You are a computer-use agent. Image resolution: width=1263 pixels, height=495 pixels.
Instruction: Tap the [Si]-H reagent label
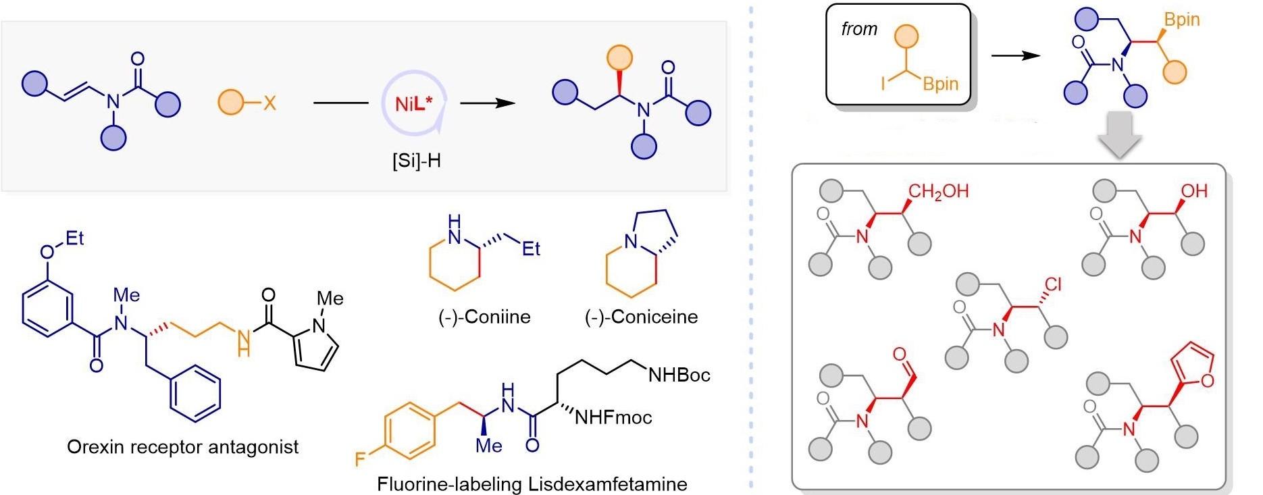[416, 161]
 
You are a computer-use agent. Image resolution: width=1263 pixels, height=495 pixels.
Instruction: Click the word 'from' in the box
[859, 29]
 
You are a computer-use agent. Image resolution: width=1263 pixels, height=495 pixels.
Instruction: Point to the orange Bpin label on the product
[1181, 19]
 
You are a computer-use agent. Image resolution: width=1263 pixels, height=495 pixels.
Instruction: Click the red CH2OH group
[938, 191]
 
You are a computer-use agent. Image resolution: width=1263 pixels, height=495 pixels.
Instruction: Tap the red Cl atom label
[1053, 284]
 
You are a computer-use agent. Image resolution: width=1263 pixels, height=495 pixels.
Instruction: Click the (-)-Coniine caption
[484, 317]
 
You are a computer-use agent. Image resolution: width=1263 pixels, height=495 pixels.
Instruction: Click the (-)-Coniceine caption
[641, 317]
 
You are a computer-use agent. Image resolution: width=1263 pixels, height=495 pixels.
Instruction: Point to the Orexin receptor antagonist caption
[182, 446]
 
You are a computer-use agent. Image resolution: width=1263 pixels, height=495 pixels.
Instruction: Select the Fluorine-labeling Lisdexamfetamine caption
[532, 484]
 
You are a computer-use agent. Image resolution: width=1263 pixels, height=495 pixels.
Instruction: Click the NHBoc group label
[679, 375]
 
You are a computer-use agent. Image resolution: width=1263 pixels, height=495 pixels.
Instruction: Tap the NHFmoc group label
[613, 417]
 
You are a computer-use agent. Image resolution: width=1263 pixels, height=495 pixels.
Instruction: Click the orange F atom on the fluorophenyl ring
[361, 460]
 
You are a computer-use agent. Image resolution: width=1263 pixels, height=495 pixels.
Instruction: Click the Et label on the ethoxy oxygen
[74, 238]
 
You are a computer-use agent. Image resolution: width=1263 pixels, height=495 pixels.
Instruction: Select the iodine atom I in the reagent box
[883, 83]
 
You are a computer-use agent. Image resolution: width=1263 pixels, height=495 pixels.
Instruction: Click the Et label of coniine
[531, 249]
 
